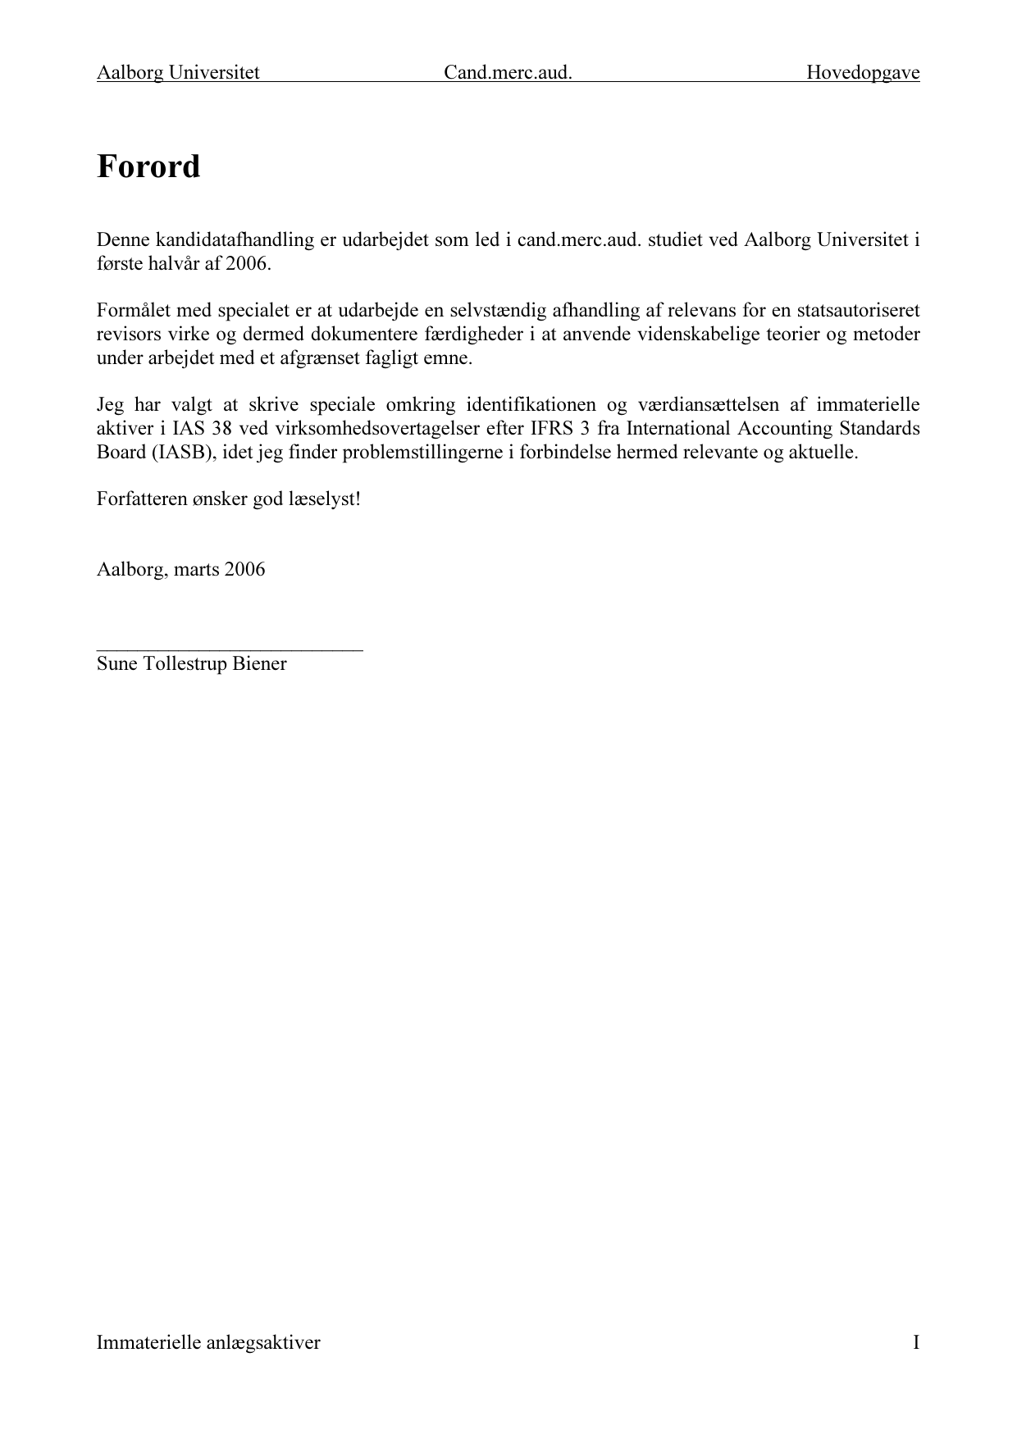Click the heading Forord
click(148, 166)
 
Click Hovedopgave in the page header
click(862, 73)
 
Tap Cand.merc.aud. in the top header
click(508, 73)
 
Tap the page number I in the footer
click(915, 1342)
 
